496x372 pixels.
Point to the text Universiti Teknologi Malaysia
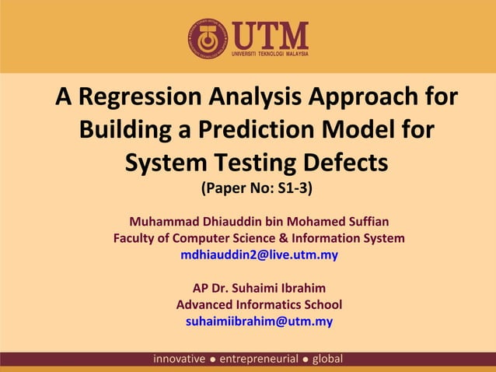click(x=271, y=54)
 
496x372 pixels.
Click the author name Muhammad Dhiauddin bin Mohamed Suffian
click(x=259, y=221)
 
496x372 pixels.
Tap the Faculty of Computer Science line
click(x=259, y=237)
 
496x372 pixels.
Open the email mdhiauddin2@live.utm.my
click(x=259, y=254)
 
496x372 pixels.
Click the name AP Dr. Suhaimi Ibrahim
click(x=259, y=288)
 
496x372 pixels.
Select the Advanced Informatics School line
click(x=259, y=304)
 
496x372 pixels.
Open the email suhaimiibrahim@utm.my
click(x=259, y=321)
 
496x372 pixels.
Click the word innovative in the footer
click(x=180, y=359)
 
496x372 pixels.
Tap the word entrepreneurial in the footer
click(x=260, y=359)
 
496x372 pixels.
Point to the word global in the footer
click(x=328, y=359)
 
